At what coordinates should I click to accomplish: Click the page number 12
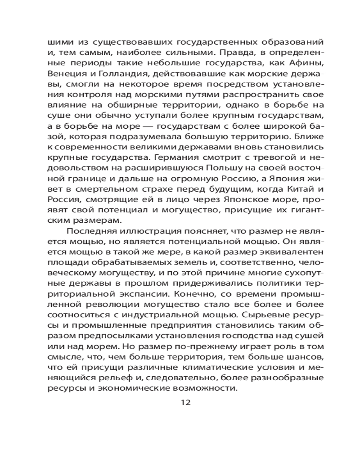click(x=185, y=402)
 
